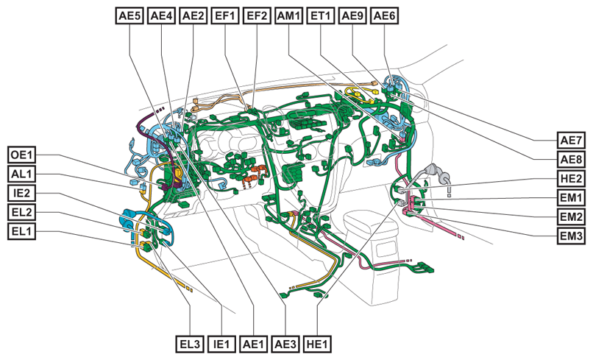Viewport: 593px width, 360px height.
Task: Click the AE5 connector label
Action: (129, 16)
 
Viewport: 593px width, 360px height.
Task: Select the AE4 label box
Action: (161, 16)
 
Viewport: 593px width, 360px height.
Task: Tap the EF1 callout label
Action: (225, 16)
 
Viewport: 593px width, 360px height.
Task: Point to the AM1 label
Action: (288, 16)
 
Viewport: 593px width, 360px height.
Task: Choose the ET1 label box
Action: (320, 16)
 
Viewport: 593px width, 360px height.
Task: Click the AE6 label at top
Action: (384, 16)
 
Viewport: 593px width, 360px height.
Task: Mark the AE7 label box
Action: (571, 140)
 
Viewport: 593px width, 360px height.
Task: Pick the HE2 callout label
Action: (571, 178)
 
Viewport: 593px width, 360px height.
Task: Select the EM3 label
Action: (571, 236)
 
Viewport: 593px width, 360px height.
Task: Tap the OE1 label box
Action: (22, 155)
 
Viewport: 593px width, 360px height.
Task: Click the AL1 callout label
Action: (22, 174)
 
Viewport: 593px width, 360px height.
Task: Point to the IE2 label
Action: (22, 193)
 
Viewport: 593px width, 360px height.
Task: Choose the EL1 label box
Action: (22, 231)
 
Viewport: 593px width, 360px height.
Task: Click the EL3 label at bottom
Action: (190, 344)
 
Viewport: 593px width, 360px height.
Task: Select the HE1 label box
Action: (317, 344)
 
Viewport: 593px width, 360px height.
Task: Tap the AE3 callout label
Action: (285, 344)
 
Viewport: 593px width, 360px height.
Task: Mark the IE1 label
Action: (221, 344)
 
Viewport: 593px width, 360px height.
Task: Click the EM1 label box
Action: (571, 197)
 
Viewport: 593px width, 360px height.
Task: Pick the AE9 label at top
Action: (352, 16)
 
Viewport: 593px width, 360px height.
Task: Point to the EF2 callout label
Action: (257, 16)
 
